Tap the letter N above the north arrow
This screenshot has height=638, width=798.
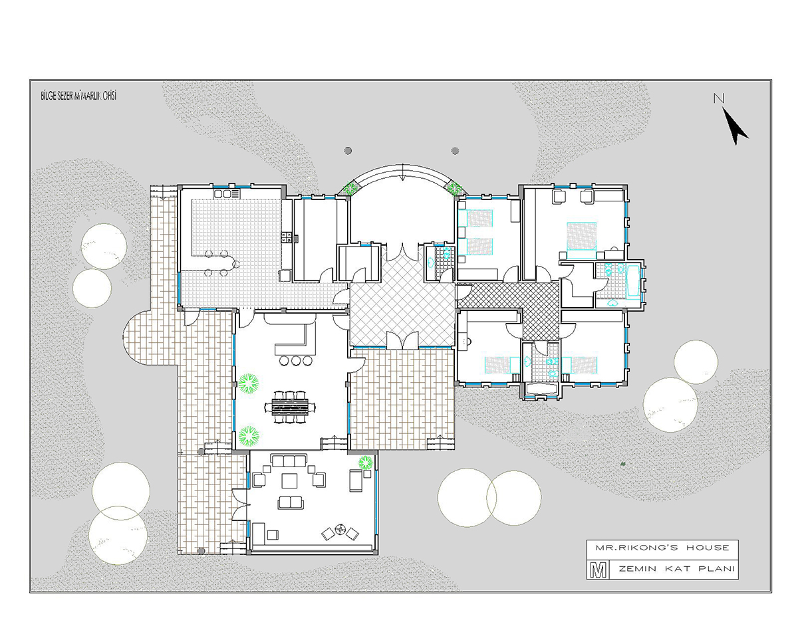[x=719, y=98]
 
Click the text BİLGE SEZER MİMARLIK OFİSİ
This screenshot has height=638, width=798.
[x=78, y=96]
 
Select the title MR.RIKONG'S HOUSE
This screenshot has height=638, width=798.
[x=662, y=548]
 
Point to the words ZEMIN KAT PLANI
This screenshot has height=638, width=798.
[x=677, y=569]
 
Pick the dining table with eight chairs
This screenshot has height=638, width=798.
[x=290, y=407]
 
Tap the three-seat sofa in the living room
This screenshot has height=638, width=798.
[x=289, y=461]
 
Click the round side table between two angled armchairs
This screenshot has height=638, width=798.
[x=340, y=530]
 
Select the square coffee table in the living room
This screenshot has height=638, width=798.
[x=289, y=480]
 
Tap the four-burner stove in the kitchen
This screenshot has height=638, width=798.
[x=286, y=237]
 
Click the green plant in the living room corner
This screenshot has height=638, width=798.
[x=365, y=463]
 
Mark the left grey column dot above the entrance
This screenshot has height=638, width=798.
[x=348, y=150]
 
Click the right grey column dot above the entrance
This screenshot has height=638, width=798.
[x=455, y=150]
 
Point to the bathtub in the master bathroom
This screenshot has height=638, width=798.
[x=633, y=282]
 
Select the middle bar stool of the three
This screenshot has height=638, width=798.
[x=296, y=360]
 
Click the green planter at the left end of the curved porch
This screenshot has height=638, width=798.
[x=348, y=188]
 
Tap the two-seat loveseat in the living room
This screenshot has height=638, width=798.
[x=291, y=502]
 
